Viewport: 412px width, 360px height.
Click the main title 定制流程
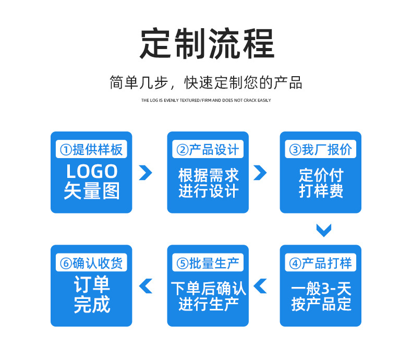point(207,44)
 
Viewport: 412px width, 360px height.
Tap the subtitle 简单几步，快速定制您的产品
point(206,82)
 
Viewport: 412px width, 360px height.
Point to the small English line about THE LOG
point(206,100)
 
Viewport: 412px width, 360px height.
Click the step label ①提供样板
point(91,150)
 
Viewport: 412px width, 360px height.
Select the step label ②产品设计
point(208,150)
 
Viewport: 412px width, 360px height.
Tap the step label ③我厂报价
point(321,150)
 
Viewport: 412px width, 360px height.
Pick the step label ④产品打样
point(321,263)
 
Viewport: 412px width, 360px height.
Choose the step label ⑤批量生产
point(208,263)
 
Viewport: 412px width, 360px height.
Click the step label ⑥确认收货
point(91,263)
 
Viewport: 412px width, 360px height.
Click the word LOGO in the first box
point(92,172)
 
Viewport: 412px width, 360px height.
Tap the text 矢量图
point(92,191)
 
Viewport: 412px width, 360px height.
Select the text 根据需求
point(208,175)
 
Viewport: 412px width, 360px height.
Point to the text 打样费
point(321,191)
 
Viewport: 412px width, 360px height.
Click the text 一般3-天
point(321,287)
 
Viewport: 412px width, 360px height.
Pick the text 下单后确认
point(208,287)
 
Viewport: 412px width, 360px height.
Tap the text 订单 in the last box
point(92,285)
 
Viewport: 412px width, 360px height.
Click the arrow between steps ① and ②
point(146,172)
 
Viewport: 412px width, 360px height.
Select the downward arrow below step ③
point(324,230)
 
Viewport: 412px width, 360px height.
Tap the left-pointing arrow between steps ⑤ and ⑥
point(146,285)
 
